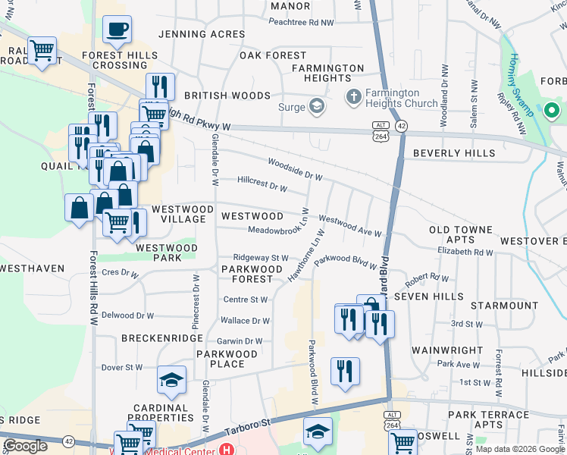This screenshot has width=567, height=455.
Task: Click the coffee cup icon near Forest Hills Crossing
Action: click(x=117, y=30)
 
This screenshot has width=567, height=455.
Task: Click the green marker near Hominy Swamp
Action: click(x=551, y=111)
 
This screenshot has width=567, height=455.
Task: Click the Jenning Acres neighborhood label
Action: click(x=201, y=34)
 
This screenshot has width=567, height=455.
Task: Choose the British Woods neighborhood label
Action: click(x=227, y=96)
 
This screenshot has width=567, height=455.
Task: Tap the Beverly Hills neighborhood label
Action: click(x=454, y=153)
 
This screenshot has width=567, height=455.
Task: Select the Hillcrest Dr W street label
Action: click(x=262, y=184)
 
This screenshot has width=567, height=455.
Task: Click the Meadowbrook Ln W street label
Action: click(x=278, y=230)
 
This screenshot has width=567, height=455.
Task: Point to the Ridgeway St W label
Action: click(x=261, y=258)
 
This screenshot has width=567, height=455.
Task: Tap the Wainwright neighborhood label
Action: click(x=447, y=350)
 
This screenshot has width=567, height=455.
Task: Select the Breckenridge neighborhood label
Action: click(x=162, y=338)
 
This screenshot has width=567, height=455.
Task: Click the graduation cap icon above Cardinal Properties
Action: click(x=172, y=379)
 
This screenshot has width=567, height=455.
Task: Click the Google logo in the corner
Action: click(x=25, y=446)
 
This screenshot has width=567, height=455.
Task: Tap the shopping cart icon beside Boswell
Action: click(x=403, y=441)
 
